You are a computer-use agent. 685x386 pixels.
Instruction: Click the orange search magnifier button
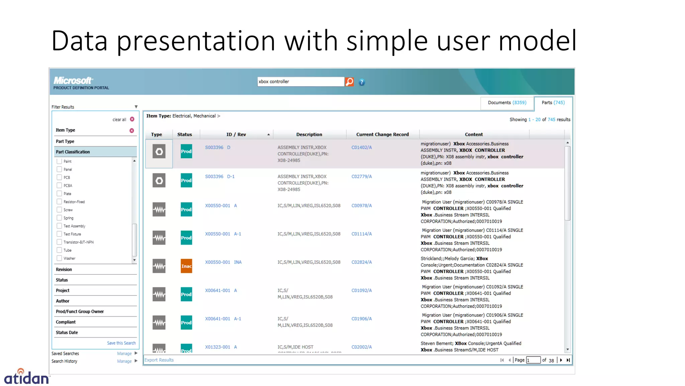point(349,82)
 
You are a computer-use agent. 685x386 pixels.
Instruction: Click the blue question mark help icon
point(362,82)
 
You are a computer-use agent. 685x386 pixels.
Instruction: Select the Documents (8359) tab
point(507,103)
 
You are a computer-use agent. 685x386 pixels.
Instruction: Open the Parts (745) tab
point(553,103)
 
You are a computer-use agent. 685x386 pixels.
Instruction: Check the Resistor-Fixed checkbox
point(59,202)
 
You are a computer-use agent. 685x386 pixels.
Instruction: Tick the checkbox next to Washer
point(59,258)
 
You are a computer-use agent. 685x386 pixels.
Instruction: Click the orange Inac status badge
point(186,266)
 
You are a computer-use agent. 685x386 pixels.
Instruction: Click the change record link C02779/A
point(361,177)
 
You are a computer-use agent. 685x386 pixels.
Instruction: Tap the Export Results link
point(159,360)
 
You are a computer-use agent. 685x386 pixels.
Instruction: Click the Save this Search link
point(121,343)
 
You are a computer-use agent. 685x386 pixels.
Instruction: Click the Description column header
point(309,134)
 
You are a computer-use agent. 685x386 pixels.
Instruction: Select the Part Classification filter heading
point(73,152)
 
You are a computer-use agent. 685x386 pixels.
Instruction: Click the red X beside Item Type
point(132,130)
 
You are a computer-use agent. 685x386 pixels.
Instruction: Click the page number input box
point(533,360)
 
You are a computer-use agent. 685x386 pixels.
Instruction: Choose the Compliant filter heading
point(66,322)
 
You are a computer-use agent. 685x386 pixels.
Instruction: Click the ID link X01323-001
point(217,347)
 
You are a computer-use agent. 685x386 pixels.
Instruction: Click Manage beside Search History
point(124,361)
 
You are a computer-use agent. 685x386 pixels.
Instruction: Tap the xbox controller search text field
point(300,82)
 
